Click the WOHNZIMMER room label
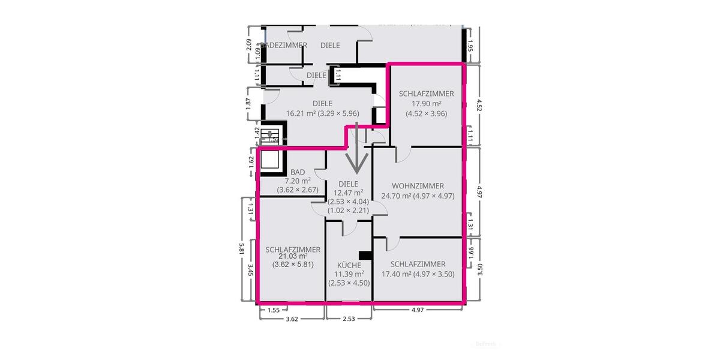pos(418,185)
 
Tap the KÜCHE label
pos(349,265)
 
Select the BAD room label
pos(298,172)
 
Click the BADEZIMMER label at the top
pos(286,45)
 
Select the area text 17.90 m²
pos(426,103)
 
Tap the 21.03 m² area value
pos(293,256)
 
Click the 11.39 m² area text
pos(349,274)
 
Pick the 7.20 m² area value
pos(298,181)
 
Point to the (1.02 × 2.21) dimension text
pos(348,211)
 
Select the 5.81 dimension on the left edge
pos(241,249)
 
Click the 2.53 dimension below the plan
pos(348,319)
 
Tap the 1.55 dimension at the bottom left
pos(273,310)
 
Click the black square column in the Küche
pos(362,255)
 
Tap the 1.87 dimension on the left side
pos(249,103)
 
